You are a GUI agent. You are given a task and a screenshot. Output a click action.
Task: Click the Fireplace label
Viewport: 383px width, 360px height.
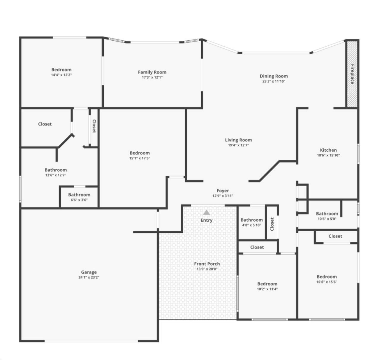352,74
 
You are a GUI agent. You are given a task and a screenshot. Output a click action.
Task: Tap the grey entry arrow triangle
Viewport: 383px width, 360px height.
207,212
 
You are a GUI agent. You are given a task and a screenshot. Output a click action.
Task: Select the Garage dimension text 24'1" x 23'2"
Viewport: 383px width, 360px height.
89,277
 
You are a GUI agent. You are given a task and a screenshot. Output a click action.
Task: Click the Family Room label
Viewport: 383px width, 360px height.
152,72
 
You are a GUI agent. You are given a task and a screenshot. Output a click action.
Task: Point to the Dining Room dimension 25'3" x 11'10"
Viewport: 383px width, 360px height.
274,81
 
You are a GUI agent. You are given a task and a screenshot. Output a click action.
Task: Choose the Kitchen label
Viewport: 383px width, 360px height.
328,150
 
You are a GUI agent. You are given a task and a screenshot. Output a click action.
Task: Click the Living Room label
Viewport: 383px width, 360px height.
238,140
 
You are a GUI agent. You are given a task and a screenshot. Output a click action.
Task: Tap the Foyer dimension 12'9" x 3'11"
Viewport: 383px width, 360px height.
223,196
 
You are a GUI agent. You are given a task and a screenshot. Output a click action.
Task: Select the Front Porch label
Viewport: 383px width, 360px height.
207,264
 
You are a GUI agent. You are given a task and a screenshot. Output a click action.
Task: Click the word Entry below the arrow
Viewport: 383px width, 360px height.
207,220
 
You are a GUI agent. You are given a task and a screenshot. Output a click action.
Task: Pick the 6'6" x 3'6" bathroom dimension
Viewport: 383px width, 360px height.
79,200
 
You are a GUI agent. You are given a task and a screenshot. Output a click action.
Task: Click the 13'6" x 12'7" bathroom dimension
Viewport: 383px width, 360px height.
56,175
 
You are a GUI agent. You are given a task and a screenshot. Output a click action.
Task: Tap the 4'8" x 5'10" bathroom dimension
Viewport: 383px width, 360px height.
251,225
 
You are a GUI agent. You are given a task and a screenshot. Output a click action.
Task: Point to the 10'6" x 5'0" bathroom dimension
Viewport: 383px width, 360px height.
327,219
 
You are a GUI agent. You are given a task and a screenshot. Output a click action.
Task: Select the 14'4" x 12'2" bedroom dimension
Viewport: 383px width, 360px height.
61,75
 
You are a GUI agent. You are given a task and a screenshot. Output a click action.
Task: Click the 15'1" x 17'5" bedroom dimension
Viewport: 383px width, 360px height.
140,158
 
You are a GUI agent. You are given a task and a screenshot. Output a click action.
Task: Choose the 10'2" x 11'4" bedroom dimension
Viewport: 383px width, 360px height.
267,289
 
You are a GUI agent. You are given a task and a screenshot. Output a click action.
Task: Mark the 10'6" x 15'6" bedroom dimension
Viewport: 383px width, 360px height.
327,282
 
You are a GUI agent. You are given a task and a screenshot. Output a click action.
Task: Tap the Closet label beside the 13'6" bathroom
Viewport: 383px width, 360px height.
45,124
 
